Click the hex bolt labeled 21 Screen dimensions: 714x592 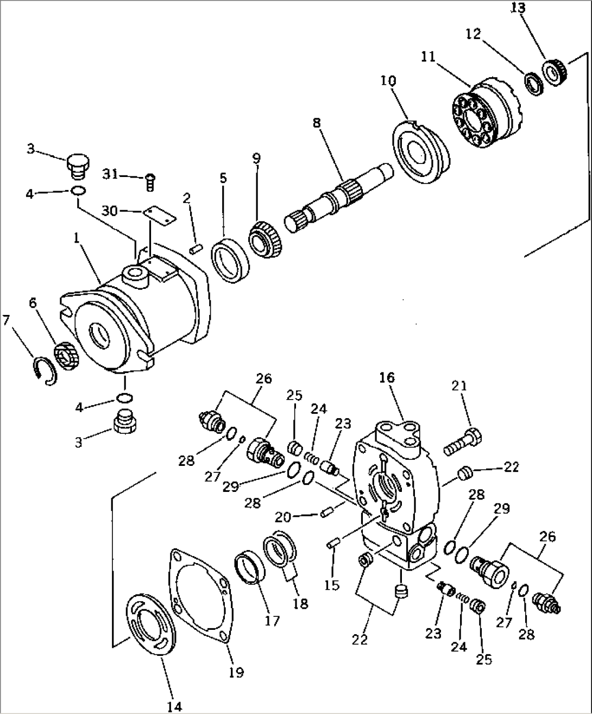tap(463, 441)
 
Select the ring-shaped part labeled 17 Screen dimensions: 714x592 tap(250, 566)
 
